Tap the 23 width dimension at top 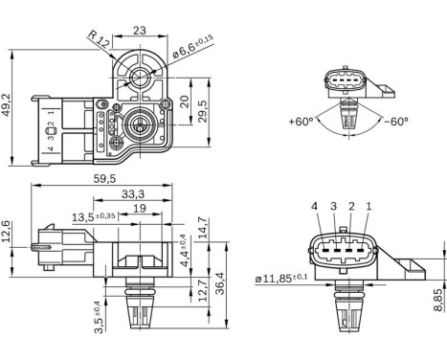[x=139, y=30]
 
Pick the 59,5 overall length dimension [x=106, y=179]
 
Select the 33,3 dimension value [x=133, y=193]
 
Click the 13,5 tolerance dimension [x=93, y=216]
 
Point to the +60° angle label [x=303, y=123]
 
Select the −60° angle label [x=393, y=123]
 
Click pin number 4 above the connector [x=314, y=206]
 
